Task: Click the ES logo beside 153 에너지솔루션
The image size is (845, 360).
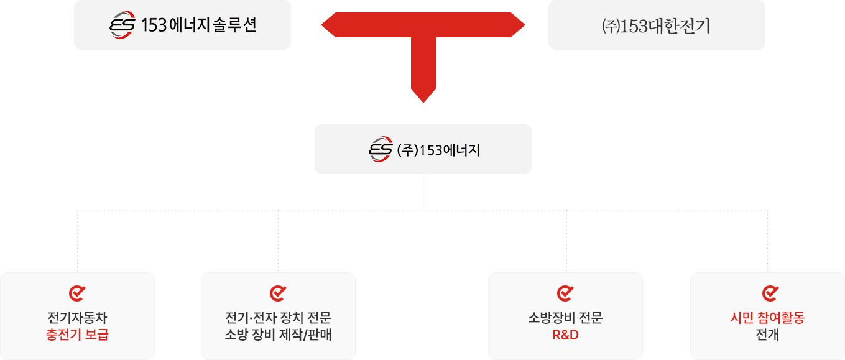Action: [122, 25]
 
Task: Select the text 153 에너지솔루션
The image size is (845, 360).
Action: [199, 25]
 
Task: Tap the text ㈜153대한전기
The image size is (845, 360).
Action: [656, 26]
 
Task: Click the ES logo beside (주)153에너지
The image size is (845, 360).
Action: [381, 150]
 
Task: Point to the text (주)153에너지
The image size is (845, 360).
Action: [438, 150]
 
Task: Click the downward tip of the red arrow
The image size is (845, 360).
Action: [423, 99]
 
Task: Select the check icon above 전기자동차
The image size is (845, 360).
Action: [77, 293]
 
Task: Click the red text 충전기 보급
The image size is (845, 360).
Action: [77, 335]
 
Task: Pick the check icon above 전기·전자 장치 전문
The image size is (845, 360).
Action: [277, 293]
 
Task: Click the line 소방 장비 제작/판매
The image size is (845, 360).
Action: [278, 335]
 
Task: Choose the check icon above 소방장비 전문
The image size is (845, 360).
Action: [565, 293]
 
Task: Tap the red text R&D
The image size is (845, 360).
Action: [565, 335]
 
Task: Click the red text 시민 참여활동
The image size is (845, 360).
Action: [767, 318]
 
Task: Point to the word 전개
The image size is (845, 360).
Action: [767, 335]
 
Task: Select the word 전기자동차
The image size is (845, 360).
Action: [77, 318]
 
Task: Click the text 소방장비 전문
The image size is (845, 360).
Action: [565, 318]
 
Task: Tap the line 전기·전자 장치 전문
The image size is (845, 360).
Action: [278, 318]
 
